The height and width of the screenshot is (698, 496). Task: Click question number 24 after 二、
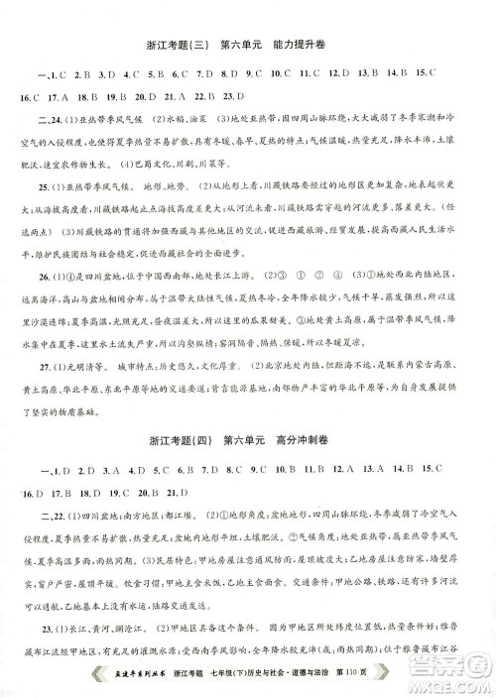pyautogui.click(x=57, y=121)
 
